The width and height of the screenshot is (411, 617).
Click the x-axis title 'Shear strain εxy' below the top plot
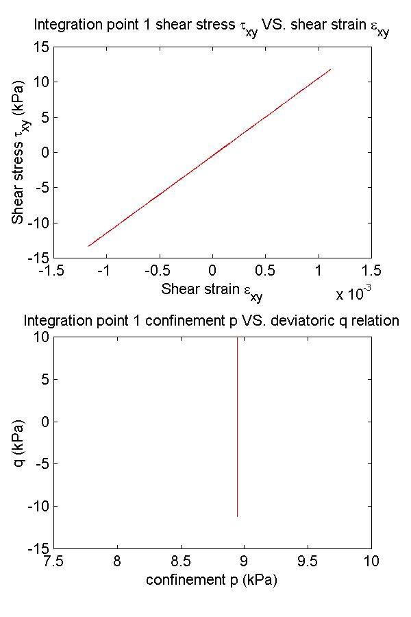point(212,291)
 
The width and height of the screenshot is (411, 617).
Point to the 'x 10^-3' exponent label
point(353,294)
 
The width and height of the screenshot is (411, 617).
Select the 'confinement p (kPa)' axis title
point(212,580)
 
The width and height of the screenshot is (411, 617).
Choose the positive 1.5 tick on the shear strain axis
point(371,271)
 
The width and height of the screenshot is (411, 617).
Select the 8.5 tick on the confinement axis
point(180,562)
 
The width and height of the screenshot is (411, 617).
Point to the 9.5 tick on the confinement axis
point(308,562)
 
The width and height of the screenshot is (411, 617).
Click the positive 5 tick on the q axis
point(42,379)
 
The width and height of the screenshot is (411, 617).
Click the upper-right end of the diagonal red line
point(331,69)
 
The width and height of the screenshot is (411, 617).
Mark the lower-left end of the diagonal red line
point(88,246)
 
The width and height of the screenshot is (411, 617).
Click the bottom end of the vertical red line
point(237,516)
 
